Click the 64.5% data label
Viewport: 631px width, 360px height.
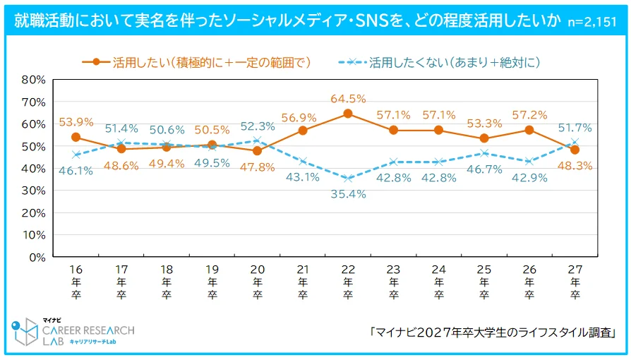point(347,99)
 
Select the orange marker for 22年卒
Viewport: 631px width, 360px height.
point(347,114)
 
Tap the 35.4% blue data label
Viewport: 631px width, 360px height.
point(348,194)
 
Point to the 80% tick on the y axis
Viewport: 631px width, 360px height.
point(33,80)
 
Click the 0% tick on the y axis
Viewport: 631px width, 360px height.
point(37,257)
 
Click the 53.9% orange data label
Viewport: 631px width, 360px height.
point(76,121)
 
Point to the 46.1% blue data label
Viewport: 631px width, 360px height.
point(76,170)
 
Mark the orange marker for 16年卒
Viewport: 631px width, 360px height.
point(76,137)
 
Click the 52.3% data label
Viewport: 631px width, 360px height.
point(257,126)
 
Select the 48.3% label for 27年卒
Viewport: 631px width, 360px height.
point(574,166)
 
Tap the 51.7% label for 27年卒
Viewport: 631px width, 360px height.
point(574,128)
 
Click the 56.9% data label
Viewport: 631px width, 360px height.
point(301,115)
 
